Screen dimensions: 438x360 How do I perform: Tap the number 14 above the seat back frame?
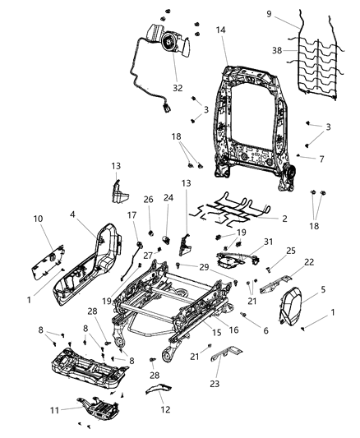click(221, 30)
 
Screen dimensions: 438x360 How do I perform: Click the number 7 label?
click(322, 159)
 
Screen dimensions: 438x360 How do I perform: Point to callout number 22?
click(286, 261)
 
